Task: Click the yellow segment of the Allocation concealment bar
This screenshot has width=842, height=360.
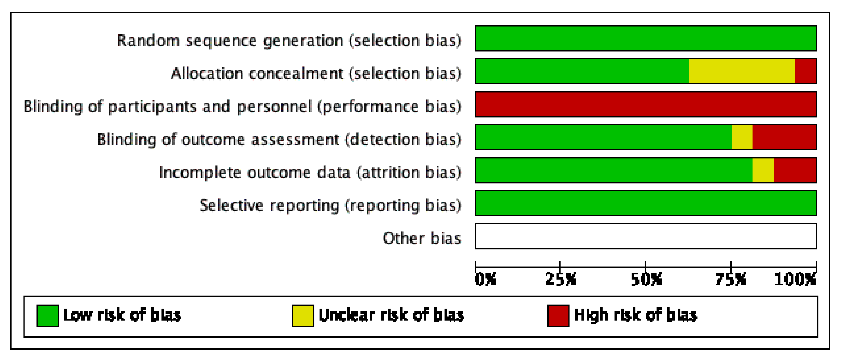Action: [742, 71]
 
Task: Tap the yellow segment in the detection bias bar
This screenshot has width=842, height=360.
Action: [742, 137]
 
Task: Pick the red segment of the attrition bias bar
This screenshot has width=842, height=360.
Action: [795, 170]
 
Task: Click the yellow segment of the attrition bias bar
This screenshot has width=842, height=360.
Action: [763, 170]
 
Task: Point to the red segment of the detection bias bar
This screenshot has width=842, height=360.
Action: [784, 137]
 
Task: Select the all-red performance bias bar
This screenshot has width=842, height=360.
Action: [646, 104]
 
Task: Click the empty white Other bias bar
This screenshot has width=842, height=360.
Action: [646, 236]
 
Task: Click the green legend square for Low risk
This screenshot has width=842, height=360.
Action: [48, 316]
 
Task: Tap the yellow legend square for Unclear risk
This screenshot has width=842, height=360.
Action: [303, 316]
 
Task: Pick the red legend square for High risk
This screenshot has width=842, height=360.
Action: [558, 316]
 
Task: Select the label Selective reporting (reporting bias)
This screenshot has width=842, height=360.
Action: [330, 205]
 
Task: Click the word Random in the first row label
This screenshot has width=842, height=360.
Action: [148, 41]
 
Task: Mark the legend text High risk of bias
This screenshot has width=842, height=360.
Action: [635, 315]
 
